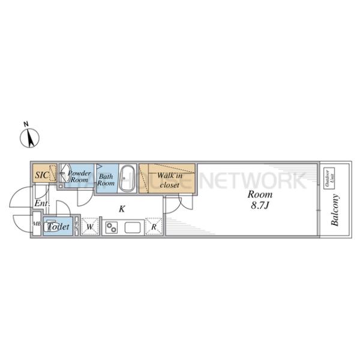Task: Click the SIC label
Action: pyautogui.click(x=41, y=175)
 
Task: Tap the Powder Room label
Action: pyautogui.click(x=79, y=176)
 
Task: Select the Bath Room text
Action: pyautogui.click(x=106, y=180)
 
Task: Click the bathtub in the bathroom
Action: pyautogui.click(x=126, y=179)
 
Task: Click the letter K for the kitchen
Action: pyautogui.click(x=122, y=209)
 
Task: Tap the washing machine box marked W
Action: pyautogui.click(x=89, y=227)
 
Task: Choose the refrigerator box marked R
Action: pyautogui.click(x=154, y=227)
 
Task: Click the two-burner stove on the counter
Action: pyautogui.click(x=112, y=227)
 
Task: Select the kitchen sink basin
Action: pyautogui.click(x=132, y=227)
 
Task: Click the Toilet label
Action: pyautogui.click(x=58, y=227)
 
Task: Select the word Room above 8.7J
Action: pyautogui.click(x=260, y=195)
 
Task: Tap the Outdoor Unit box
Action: pyautogui.click(x=328, y=178)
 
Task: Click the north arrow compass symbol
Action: pyautogui.click(x=29, y=139)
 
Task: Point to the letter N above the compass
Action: pyautogui.click(x=25, y=124)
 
